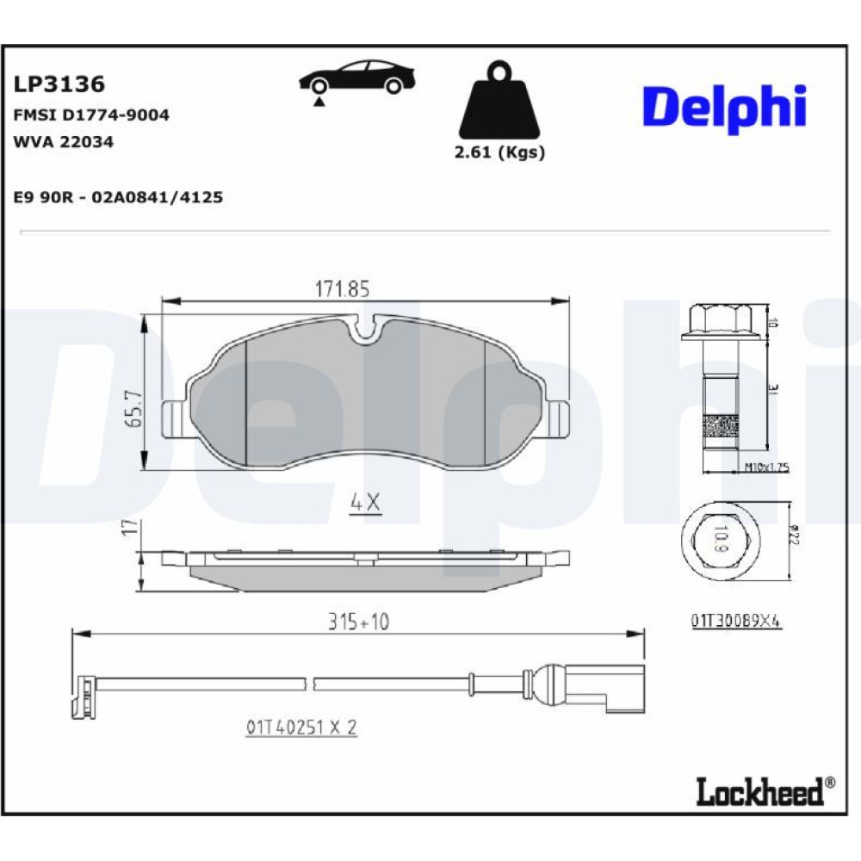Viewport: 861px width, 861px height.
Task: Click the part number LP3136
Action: pyautogui.click(x=59, y=84)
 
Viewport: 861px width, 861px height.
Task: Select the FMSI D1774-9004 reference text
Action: pyautogui.click(x=91, y=115)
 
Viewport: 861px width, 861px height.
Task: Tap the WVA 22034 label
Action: pyautogui.click(x=63, y=142)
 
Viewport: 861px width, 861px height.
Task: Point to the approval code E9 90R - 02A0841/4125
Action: pyautogui.click(x=118, y=197)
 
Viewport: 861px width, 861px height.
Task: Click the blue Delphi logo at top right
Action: pyautogui.click(x=725, y=108)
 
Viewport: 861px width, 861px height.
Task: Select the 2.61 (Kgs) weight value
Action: pyautogui.click(x=499, y=152)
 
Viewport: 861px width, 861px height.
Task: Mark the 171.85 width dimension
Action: pyautogui.click(x=343, y=288)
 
